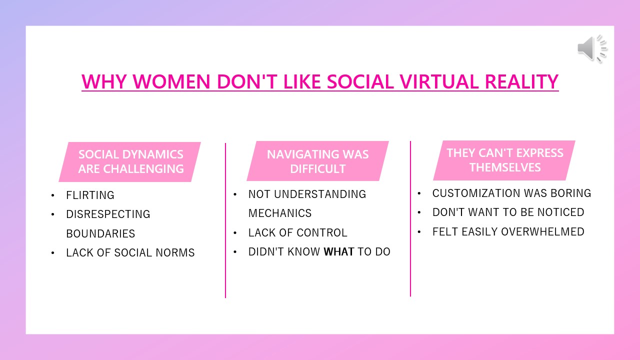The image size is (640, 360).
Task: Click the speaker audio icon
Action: point(592,48)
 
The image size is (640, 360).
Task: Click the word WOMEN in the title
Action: point(171,81)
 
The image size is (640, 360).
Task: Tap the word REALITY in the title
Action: point(521,81)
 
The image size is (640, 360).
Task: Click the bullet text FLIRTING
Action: point(90,195)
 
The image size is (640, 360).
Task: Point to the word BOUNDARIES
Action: point(100,233)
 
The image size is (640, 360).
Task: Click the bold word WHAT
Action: point(339,251)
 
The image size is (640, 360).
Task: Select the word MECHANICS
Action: point(280,213)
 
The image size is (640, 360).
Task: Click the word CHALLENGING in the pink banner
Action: point(143,169)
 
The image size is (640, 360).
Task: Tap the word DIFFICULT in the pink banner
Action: point(317,169)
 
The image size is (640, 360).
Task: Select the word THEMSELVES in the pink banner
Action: point(505,167)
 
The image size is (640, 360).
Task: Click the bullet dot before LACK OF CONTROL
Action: point(235,233)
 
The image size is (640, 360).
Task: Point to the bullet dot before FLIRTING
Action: point(53,195)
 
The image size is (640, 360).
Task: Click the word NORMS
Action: point(175,252)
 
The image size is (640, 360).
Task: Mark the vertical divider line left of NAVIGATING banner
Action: point(225,220)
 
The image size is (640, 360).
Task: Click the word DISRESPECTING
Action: point(108,214)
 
